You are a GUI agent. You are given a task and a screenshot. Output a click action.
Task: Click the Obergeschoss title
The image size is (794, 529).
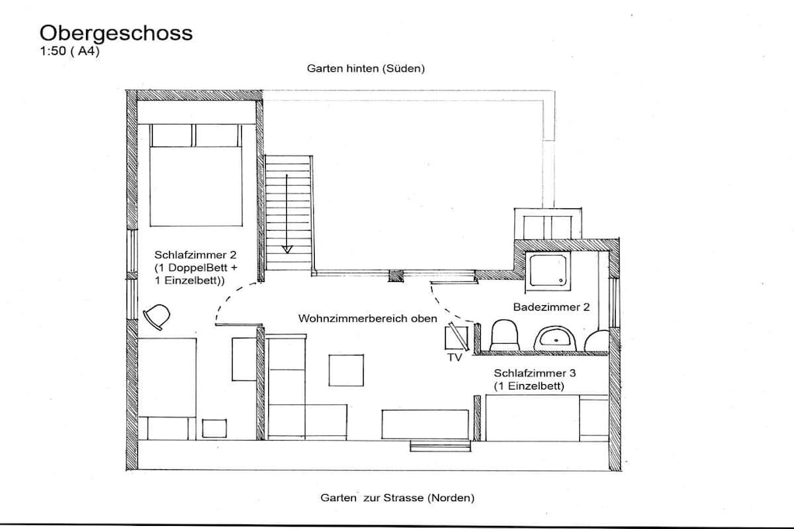coord(116,33)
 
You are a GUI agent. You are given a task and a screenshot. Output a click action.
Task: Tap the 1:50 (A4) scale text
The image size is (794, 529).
coord(69,51)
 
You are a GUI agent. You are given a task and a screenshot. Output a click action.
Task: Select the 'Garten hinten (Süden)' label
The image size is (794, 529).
coord(366,68)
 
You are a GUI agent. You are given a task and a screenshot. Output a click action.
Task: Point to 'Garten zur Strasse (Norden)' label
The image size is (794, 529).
coord(398,498)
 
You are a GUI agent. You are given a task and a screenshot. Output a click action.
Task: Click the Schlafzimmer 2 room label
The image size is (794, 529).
coord(195,255)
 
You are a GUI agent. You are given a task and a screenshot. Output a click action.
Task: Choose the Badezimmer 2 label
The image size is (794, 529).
coord(551,307)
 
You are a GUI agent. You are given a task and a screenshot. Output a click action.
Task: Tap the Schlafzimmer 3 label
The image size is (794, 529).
coord(535,373)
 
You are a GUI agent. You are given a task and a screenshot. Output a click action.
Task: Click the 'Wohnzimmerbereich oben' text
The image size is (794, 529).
coord(368,318)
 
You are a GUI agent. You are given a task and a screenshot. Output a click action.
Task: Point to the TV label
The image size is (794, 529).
coord(454,358)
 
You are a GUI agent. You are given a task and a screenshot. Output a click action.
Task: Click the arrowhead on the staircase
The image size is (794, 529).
coord(287,249)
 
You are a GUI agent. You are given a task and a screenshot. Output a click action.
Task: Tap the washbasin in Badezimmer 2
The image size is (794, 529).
coord(556,337)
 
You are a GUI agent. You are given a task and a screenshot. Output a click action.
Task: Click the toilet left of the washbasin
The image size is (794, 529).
coord(504,335)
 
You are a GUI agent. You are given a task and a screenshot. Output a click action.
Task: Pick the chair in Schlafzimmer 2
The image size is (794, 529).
coord(157,317)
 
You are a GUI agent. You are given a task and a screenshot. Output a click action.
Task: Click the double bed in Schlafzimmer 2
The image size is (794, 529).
coord(195,174)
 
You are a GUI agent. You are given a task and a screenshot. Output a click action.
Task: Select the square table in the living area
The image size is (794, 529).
coord(347,371)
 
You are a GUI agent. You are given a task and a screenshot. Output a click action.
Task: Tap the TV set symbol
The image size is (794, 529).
coord(457,338)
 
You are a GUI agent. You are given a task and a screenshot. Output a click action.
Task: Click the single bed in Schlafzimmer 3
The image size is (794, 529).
coord(547,417)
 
